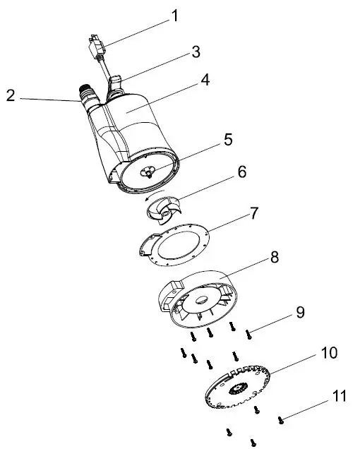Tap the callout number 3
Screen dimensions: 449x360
pyautogui.click(x=196, y=52)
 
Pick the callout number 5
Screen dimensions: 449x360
pyautogui.click(x=227, y=139)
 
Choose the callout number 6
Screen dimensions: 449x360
pyautogui.click(x=242, y=172)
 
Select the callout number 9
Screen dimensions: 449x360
pyautogui.click(x=300, y=312)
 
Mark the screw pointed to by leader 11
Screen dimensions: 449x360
pyautogui.click(x=281, y=419)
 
